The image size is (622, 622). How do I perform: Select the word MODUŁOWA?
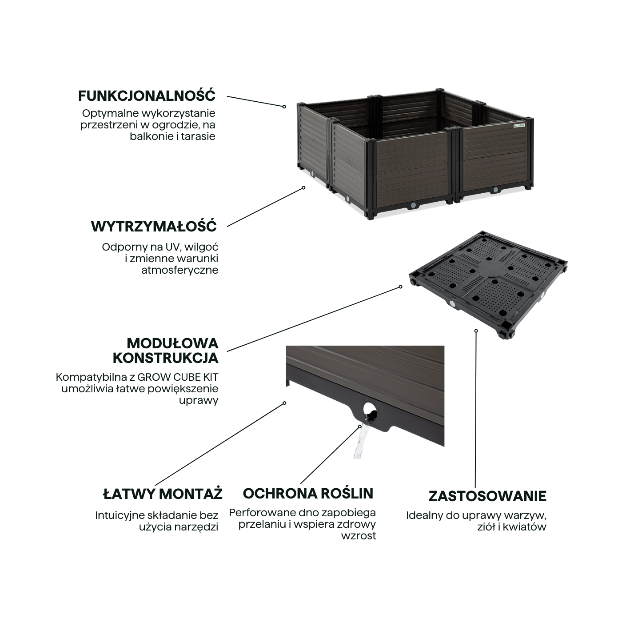tap(173, 343)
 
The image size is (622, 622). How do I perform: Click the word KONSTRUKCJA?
tap(166, 358)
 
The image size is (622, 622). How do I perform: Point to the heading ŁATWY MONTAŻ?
tap(163, 494)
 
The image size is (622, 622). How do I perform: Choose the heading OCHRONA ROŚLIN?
tap(308, 494)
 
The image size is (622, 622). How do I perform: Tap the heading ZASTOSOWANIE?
tap(487, 496)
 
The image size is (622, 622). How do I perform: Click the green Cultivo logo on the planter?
tap(519, 126)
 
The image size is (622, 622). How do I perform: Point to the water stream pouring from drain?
tap(362, 439)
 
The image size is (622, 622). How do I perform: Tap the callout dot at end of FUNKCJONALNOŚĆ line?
tap(284, 107)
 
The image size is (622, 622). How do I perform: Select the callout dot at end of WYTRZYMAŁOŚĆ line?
tap(303, 187)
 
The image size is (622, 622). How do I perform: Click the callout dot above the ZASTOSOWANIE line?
tap(476, 331)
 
